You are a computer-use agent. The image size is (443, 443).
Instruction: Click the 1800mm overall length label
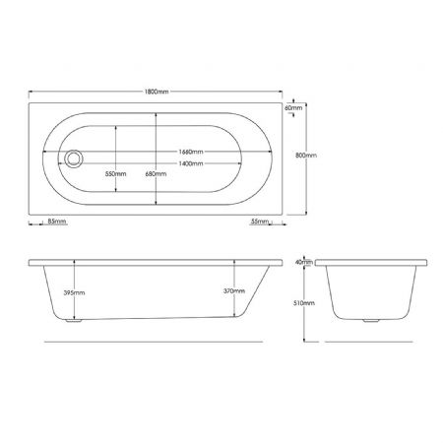click(157, 92)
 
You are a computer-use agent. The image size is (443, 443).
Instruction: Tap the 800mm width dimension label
click(306, 156)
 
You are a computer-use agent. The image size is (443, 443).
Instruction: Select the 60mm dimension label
click(293, 107)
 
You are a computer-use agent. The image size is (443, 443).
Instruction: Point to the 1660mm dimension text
click(191, 152)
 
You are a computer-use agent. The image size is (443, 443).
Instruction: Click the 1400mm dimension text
click(191, 163)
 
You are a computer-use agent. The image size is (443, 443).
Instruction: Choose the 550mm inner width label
click(115, 174)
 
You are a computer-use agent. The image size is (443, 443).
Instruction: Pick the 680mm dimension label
click(156, 174)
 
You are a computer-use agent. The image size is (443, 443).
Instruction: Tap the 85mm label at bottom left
click(57, 221)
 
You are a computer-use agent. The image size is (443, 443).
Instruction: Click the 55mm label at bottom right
click(260, 221)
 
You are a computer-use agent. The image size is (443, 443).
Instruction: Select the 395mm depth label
click(74, 292)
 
